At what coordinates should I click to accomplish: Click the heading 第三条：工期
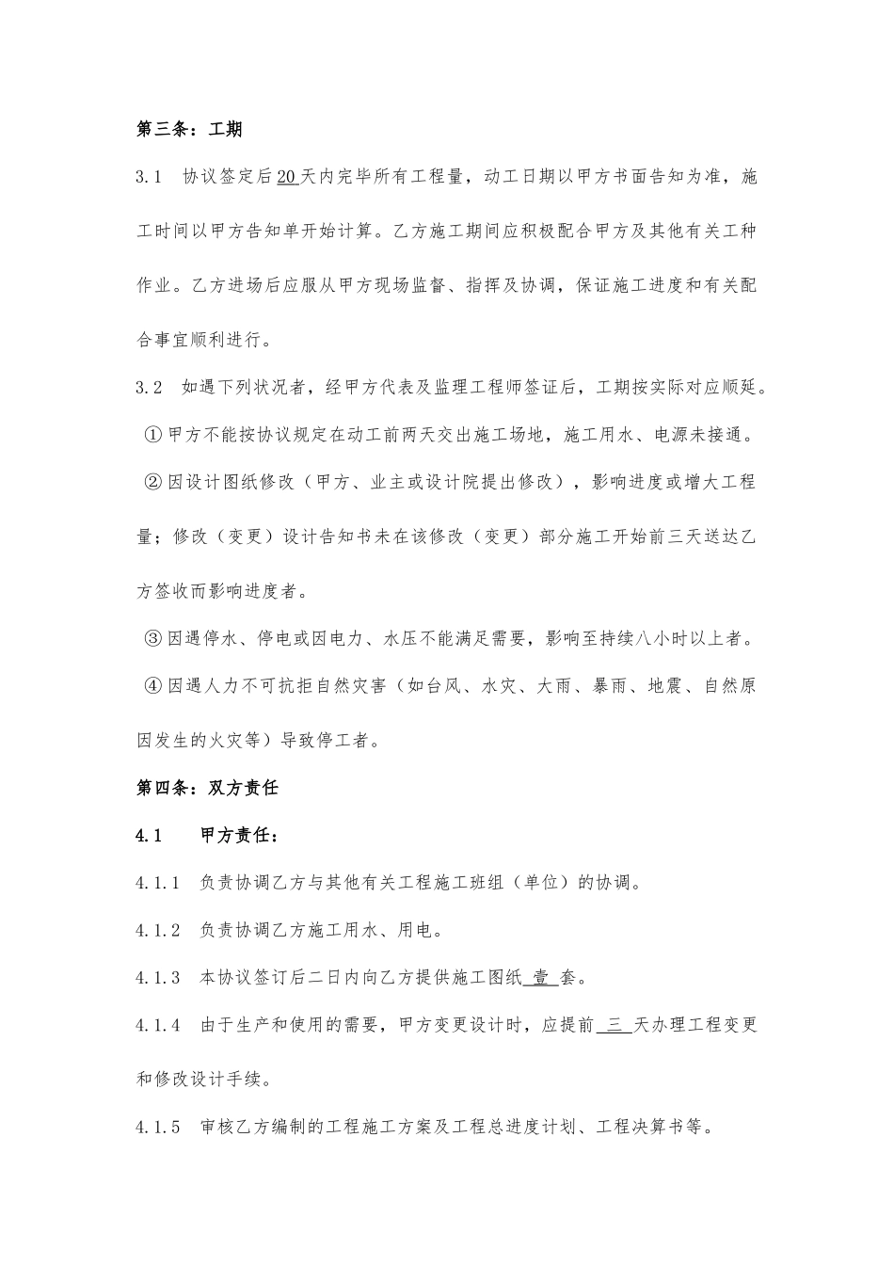[189, 129]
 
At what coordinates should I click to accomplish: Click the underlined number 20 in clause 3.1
[289, 177]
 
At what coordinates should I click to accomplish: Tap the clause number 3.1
[151, 177]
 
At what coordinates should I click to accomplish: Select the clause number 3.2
[151, 387]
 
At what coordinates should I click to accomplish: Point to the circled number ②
[154, 482]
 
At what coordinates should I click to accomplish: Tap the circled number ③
[154, 639]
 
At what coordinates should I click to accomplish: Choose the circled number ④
[154, 686]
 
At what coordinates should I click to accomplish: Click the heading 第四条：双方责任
[208, 788]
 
